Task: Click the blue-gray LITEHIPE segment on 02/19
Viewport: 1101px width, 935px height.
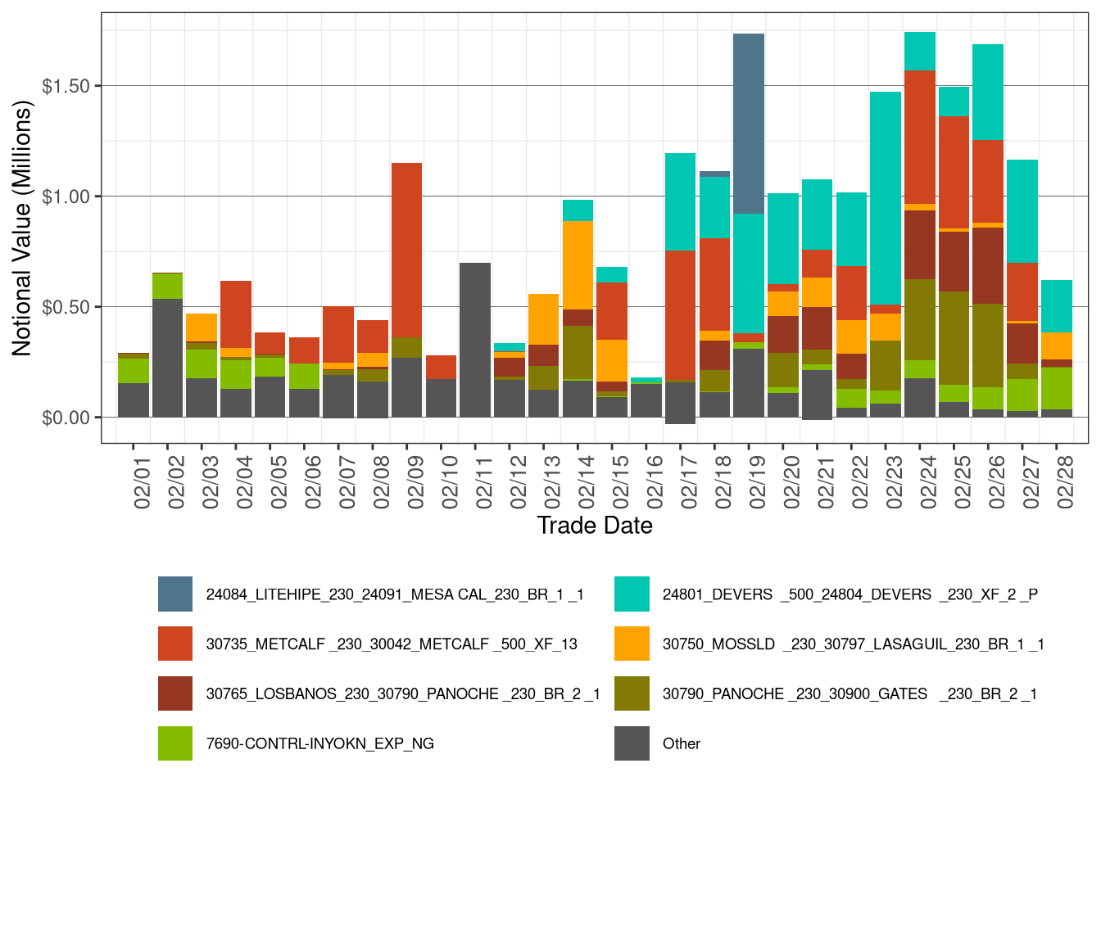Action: tap(749, 123)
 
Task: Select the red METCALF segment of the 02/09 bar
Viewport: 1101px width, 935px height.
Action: tap(406, 250)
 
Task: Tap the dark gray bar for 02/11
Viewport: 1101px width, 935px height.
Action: tap(475, 340)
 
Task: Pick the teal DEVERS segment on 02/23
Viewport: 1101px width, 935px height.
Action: tap(886, 196)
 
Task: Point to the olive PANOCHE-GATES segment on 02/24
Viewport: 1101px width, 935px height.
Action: tap(920, 319)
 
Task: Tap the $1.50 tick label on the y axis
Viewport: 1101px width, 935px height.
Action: tap(66, 86)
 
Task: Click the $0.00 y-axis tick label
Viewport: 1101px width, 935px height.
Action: tap(66, 418)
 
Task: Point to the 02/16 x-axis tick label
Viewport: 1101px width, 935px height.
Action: tap(655, 484)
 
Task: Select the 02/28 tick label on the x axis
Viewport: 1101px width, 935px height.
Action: tap(1065, 484)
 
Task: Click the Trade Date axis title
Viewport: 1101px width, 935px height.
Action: tap(595, 526)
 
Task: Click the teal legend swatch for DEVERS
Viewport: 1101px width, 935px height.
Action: tap(632, 594)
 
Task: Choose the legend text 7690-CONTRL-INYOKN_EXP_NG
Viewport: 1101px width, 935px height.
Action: tap(319, 743)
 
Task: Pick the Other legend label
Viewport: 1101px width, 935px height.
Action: tap(681, 743)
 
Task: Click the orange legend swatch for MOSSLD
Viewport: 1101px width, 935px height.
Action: tap(632, 644)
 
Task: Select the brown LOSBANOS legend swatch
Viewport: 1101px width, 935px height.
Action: tap(175, 693)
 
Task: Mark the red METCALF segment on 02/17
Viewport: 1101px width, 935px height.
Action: tap(680, 315)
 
